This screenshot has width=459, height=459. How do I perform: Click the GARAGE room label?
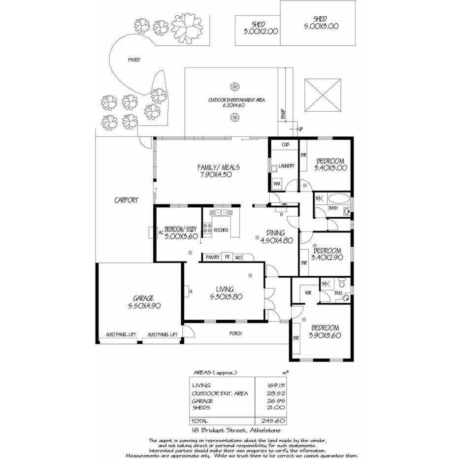click(x=143, y=298)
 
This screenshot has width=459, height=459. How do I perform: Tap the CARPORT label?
click(x=126, y=200)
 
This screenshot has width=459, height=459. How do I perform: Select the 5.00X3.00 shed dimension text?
click(x=321, y=27)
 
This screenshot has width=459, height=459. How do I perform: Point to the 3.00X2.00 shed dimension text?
click(x=261, y=31)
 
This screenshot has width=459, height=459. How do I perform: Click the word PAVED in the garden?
click(x=134, y=60)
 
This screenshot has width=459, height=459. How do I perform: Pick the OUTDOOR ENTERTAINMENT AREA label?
click(x=236, y=100)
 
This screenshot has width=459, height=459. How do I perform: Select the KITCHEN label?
click(x=221, y=230)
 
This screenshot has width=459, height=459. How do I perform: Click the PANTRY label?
click(x=212, y=257)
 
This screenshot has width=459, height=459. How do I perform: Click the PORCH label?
click(x=235, y=333)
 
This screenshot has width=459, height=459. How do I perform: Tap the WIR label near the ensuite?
click(x=308, y=293)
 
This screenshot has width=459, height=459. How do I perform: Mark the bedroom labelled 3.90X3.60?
click(x=324, y=331)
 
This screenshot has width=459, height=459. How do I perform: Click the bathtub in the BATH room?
click(x=339, y=200)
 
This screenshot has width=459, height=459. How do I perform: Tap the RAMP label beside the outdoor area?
click(x=283, y=114)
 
